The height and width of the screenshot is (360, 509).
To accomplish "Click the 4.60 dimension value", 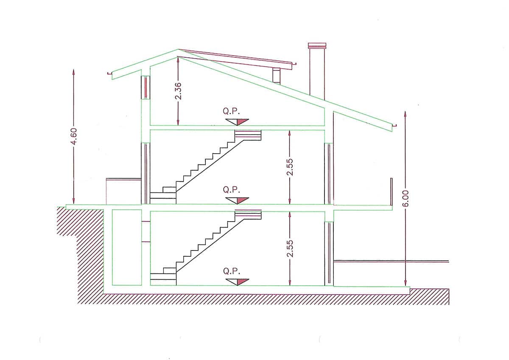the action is [x=74, y=136].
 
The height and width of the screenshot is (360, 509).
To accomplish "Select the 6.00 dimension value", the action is [x=406, y=199].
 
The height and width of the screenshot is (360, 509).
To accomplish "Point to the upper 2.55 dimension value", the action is [x=290, y=167].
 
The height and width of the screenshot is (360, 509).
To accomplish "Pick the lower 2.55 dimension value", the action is [x=290, y=249].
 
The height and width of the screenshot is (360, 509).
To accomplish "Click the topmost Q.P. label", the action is [x=231, y=111].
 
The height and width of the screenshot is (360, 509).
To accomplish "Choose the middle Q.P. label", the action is [x=231, y=190].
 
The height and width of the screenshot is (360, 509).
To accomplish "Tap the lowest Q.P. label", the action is [x=231, y=271].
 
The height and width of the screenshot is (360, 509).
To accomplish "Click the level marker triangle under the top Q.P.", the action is [x=237, y=122].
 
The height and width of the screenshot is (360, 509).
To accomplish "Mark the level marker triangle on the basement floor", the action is [x=237, y=282].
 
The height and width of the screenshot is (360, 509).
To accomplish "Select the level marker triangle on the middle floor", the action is [x=237, y=200].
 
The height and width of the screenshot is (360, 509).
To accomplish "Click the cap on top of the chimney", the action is [x=317, y=46].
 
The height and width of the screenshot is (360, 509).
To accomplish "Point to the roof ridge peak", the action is [x=178, y=49].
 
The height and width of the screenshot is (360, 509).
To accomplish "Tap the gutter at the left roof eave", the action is [x=109, y=73].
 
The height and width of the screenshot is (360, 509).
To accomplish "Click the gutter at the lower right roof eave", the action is [x=395, y=125].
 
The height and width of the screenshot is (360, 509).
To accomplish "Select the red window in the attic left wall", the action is [x=145, y=87].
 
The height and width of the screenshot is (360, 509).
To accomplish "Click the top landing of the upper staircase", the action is [x=248, y=135].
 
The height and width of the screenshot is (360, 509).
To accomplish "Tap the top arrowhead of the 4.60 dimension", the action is [x=73, y=71].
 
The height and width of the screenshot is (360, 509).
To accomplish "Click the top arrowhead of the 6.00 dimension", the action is [x=405, y=113].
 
